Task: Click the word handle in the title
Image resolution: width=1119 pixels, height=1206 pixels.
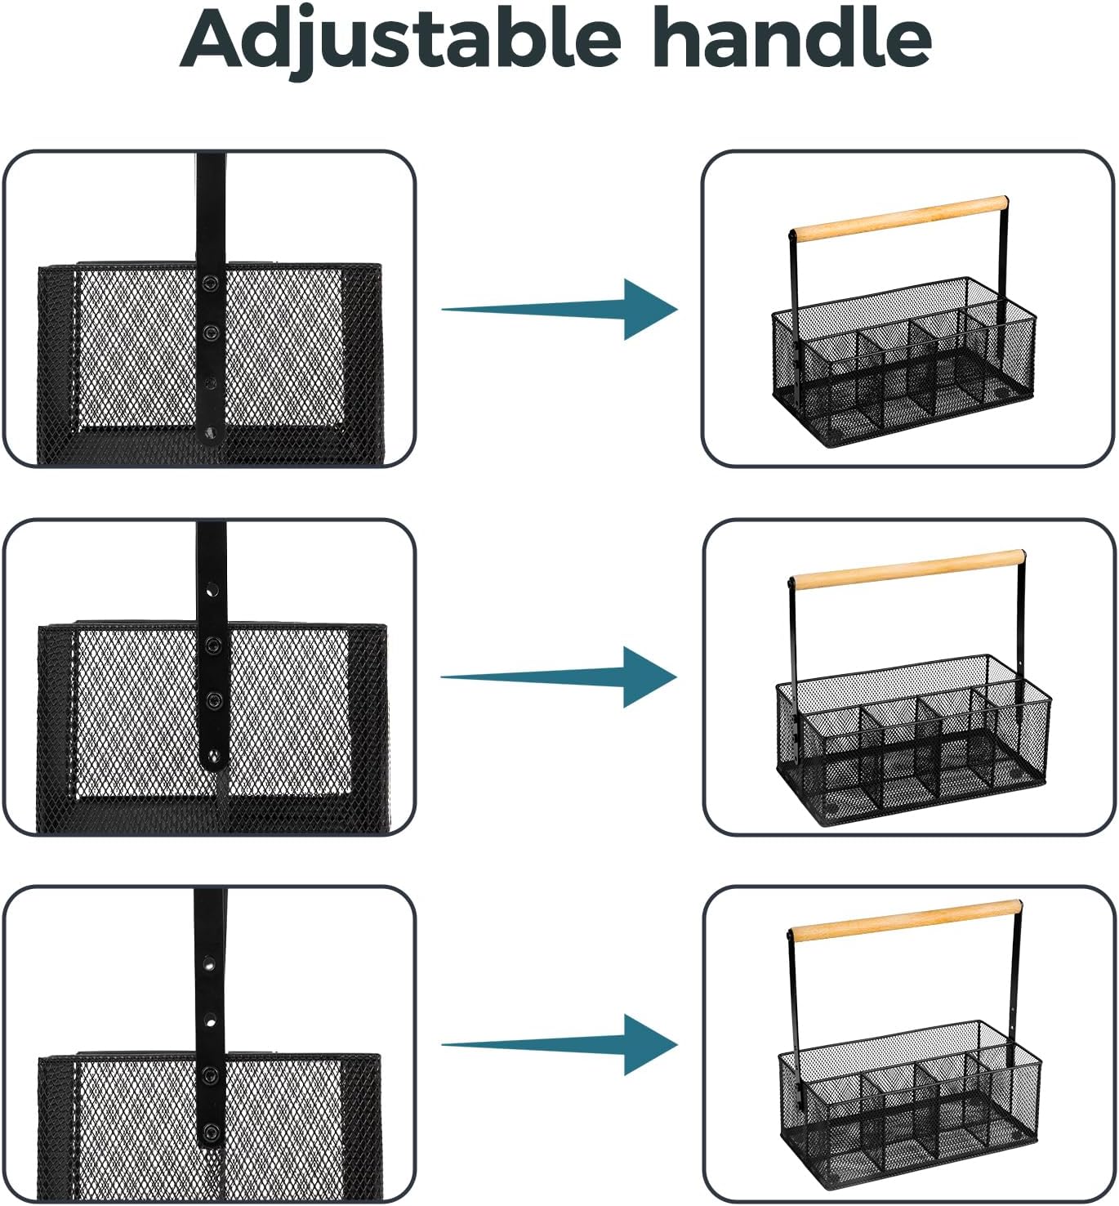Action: click(x=793, y=37)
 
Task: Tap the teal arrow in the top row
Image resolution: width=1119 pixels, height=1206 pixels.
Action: click(x=559, y=310)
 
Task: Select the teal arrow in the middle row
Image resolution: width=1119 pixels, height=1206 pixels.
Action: click(x=559, y=677)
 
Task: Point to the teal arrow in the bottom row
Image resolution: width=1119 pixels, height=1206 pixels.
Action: click(x=559, y=1044)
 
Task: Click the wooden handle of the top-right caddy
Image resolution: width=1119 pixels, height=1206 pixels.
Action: click(x=898, y=219)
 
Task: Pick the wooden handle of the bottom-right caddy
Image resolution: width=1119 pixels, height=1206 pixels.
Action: click(x=905, y=921)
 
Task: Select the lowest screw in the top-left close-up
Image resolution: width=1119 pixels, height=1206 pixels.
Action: click(x=210, y=433)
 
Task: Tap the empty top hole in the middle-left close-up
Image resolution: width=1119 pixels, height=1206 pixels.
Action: click(x=212, y=589)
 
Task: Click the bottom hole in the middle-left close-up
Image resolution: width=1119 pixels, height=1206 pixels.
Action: click(x=212, y=756)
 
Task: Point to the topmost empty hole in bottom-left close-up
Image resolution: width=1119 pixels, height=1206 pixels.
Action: click(x=208, y=963)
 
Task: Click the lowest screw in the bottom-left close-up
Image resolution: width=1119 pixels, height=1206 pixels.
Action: click(x=211, y=1132)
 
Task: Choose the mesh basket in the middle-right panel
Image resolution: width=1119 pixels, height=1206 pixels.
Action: click(x=914, y=739)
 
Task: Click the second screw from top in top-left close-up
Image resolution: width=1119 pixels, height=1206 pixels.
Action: click(x=211, y=332)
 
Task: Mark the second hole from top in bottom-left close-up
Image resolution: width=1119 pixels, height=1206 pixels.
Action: click(x=210, y=1022)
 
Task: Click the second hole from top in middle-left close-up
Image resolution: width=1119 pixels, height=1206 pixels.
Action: click(x=212, y=645)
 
